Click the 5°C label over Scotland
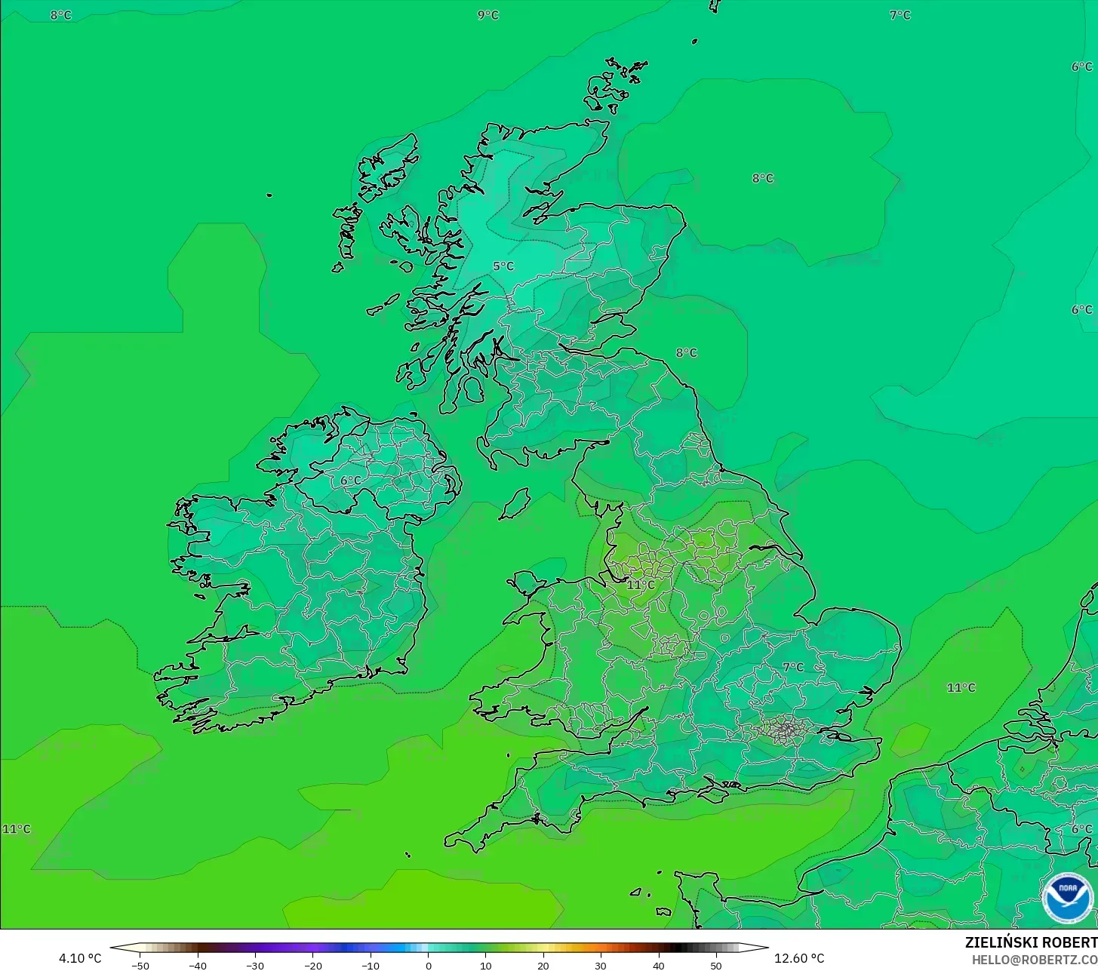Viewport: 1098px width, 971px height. [503, 266]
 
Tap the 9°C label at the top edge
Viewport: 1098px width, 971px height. [488, 15]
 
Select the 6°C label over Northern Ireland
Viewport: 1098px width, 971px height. [350, 481]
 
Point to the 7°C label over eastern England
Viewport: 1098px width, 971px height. [793, 667]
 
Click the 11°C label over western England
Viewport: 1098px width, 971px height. [641, 585]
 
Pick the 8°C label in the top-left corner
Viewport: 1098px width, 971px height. [61, 15]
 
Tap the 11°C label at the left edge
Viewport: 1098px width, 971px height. [17, 829]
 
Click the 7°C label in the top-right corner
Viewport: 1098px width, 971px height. [900, 15]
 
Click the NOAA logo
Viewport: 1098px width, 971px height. [1067, 898]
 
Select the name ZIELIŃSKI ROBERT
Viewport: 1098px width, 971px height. [1031, 943]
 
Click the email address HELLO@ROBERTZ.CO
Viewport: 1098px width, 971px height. [1035, 960]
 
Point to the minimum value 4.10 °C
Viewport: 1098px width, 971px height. [80, 958]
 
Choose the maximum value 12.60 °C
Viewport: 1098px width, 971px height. [799, 958]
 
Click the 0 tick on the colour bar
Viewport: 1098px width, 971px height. [428, 966]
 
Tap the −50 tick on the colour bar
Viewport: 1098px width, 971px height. [140, 966]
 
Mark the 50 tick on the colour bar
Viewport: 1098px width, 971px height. [716, 966]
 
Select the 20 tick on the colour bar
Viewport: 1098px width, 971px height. [543, 966]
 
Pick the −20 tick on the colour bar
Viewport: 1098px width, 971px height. [312, 966]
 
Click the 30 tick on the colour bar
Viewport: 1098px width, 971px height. [601, 966]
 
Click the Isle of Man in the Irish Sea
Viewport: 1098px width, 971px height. [515, 503]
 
